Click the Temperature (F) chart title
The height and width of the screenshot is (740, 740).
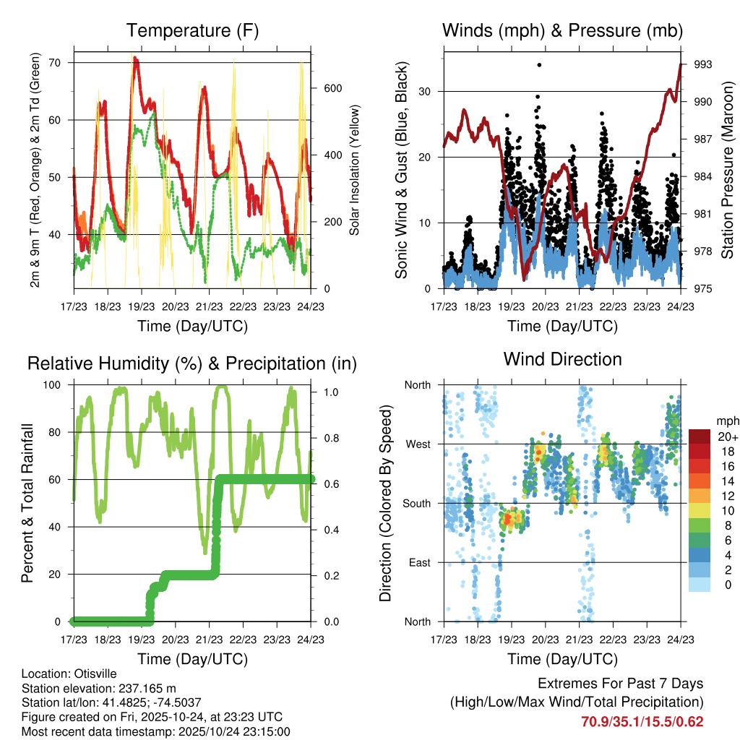click(x=192, y=31)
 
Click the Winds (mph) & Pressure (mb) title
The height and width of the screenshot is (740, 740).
click(x=562, y=31)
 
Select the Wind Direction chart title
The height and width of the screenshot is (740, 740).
click(x=562, y=359)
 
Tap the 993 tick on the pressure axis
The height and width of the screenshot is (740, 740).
click(x=702, y=64)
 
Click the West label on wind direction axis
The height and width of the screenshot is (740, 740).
click(x=417, y=444)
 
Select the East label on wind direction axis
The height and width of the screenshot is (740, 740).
click(x=418, y=562)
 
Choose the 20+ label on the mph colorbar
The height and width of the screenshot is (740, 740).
click(x=727, y=436)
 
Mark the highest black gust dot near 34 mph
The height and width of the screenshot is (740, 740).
click(x=539, y=65)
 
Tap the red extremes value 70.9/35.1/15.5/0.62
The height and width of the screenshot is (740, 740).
click(x=642, y=721)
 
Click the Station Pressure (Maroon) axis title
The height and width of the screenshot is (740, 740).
click(x=728, y=168)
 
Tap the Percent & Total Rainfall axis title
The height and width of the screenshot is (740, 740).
click(x=27, y=504)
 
